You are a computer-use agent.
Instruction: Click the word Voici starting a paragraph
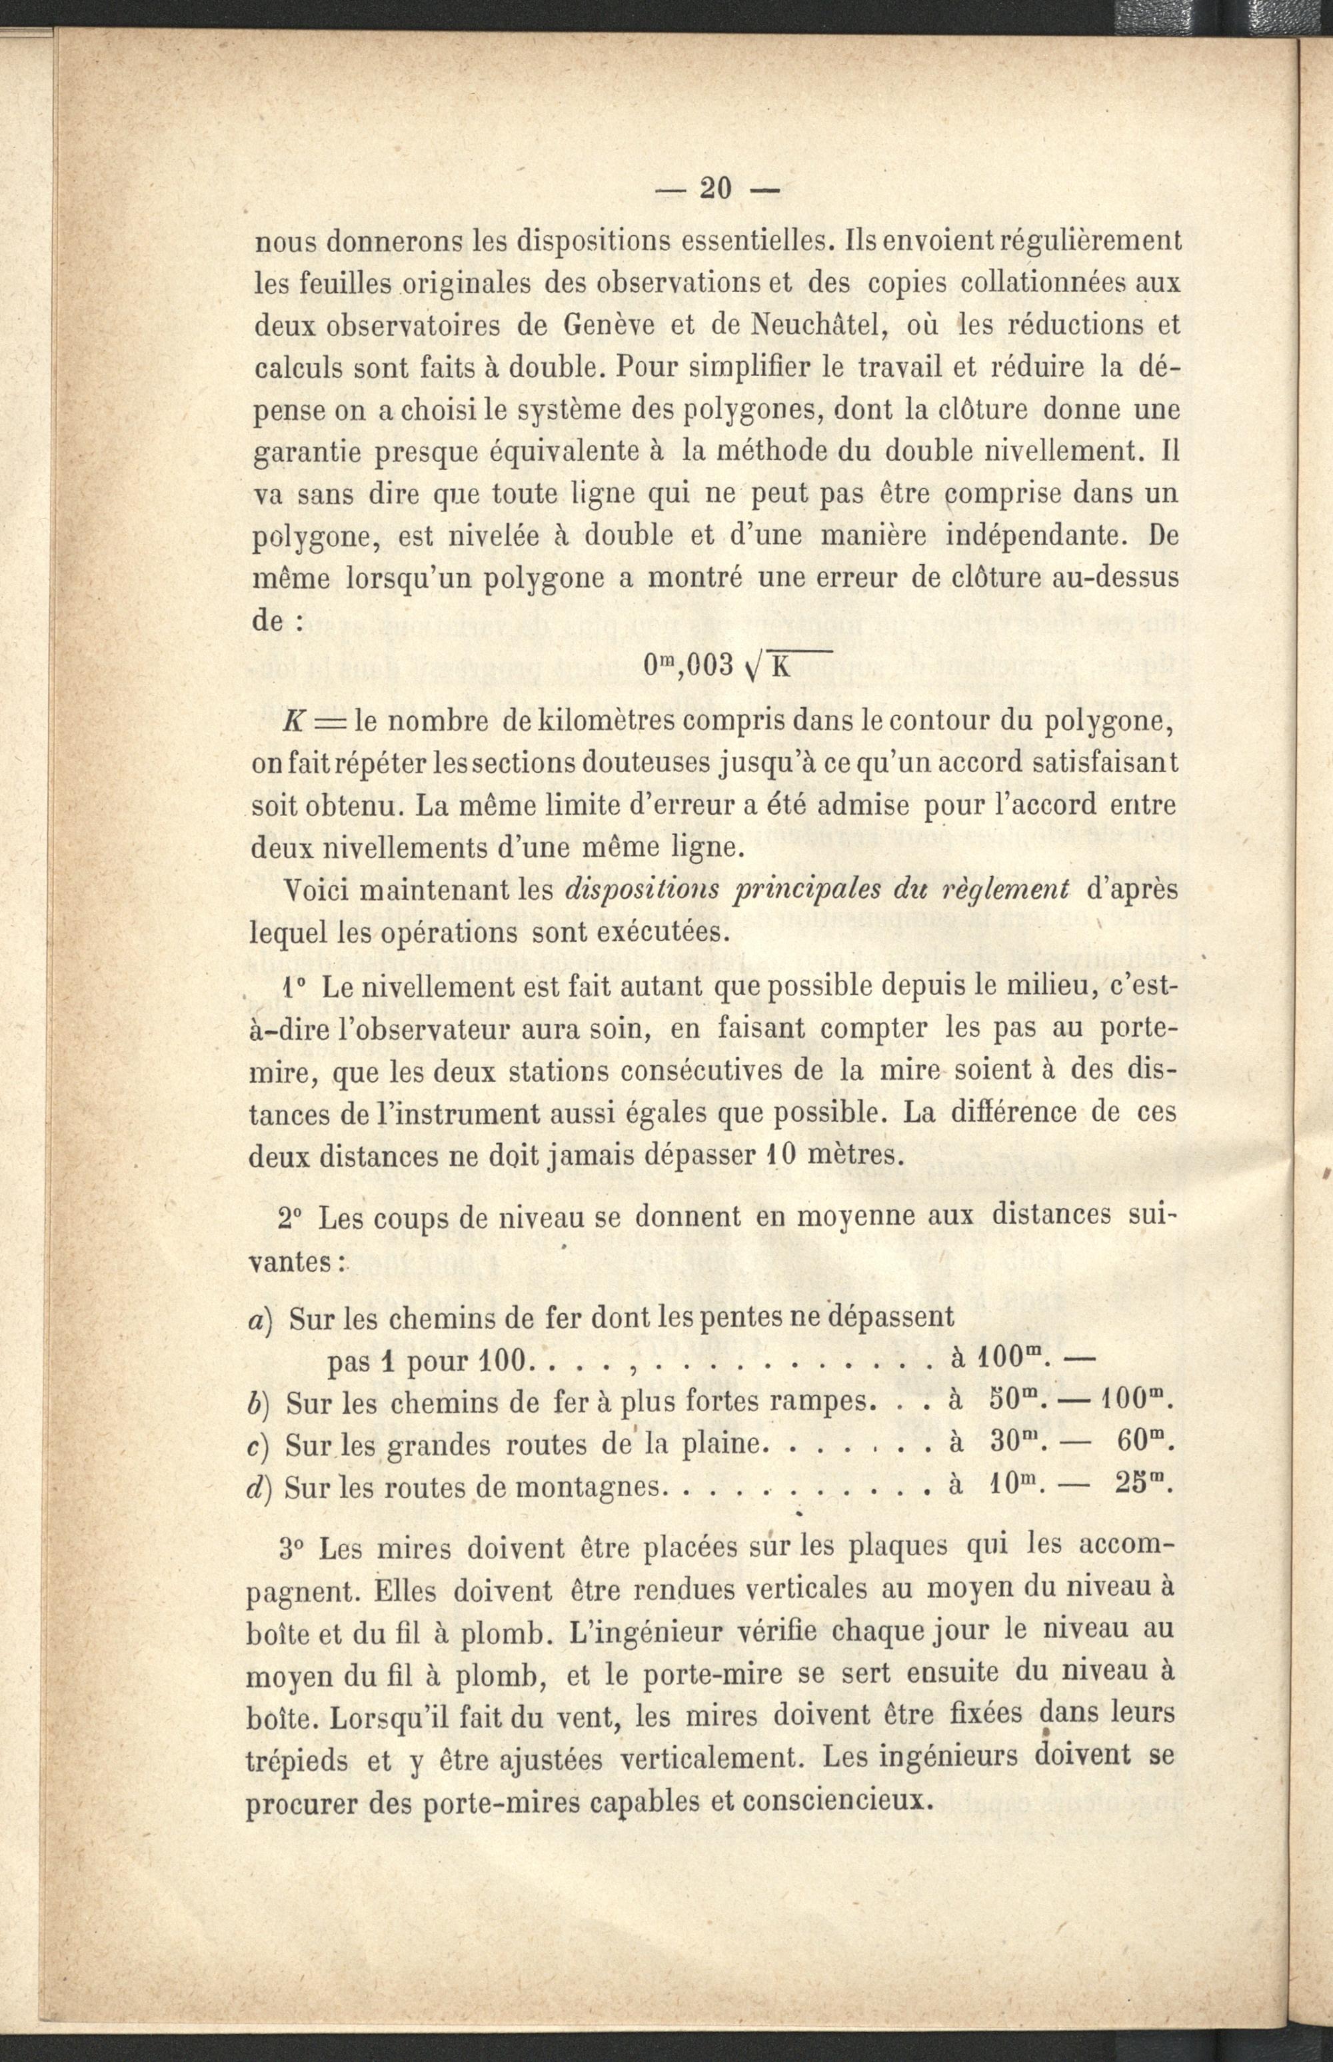(317, 891)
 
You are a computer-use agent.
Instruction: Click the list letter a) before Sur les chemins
(261, 1319)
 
